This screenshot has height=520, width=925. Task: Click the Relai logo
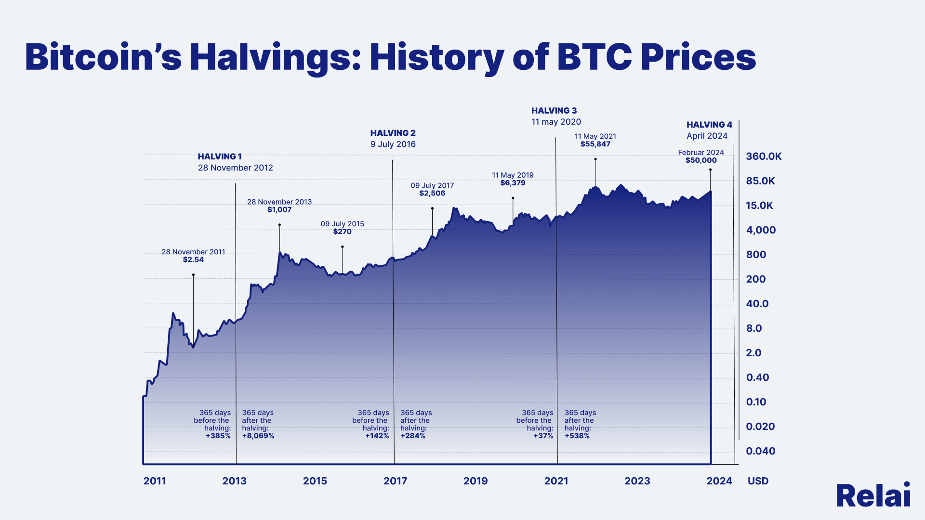click(873, 495)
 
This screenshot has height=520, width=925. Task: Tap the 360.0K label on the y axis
click(764, 156)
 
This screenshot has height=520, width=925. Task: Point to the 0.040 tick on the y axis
click(761, 451)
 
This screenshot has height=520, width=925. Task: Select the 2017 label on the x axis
click(395, 481)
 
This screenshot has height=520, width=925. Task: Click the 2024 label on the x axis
click(719, 481)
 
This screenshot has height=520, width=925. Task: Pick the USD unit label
click(758, 481)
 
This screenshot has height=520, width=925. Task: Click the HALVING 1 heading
click(220, 156)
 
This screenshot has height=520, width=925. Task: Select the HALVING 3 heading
click(554, 111)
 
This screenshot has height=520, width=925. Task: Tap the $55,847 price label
click(595, 144)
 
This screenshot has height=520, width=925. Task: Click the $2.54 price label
click(193, 260)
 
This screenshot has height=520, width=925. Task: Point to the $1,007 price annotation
click(279, 209)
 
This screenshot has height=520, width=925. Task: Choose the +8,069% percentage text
click(258, 436)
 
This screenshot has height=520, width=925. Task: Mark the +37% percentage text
click(543, 436)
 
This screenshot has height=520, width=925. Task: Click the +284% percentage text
click(413, 436)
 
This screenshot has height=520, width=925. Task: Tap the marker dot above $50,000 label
click(710, 170)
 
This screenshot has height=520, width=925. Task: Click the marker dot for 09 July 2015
click(343, 247)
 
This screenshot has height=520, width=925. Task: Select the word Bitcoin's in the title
click(103, 58)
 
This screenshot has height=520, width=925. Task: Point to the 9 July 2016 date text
click(393, 144)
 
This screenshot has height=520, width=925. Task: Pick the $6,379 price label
click(513, 183)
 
